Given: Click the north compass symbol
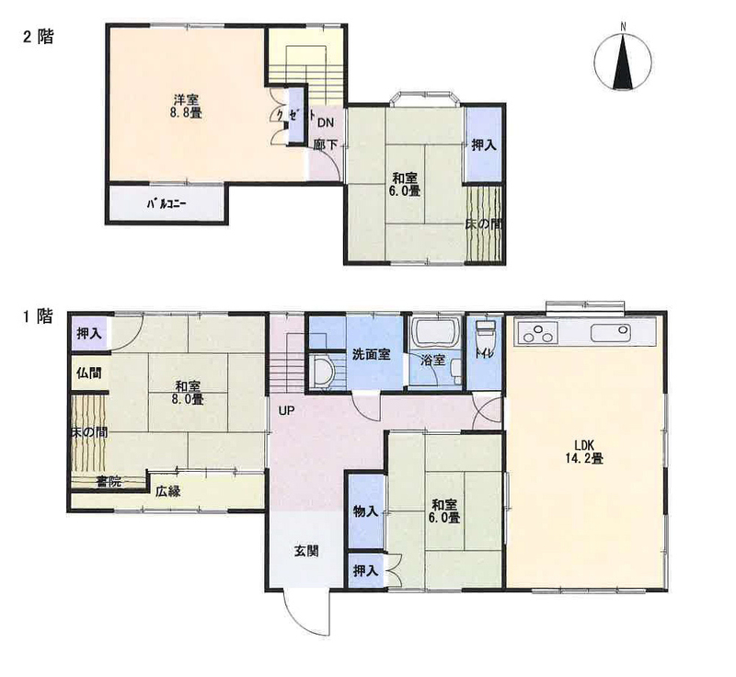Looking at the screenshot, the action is [x=623, y=61].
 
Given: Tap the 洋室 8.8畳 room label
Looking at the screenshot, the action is [x=187, y=107].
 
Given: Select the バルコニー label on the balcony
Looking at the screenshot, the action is [x=167, y=204].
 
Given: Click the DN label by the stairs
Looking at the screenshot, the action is [x=326, y=123].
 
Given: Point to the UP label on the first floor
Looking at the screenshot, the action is [x=286, y=411].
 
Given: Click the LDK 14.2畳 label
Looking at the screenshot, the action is [x=584, y=452].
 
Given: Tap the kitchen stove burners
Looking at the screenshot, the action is [x=537, y=333].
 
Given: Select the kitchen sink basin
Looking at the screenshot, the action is [x=610, y=333].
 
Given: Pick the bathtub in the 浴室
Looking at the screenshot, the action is [x=434, y=332].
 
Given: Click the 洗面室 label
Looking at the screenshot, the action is [x=372, y=355].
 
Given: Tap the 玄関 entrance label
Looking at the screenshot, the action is [x=306, y=551].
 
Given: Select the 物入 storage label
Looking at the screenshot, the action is [x=365, y=511].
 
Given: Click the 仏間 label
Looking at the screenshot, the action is [x=89, y=373].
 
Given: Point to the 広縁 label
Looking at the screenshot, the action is [x=168, y=492].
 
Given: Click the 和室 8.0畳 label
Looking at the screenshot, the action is [x=189, y=393].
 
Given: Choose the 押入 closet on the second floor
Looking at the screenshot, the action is [x=484, y=145].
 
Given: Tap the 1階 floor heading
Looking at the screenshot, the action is [x=39, y=316].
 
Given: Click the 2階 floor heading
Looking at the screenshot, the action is [x=39, y=37].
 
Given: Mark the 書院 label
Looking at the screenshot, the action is [x=109, y=481].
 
